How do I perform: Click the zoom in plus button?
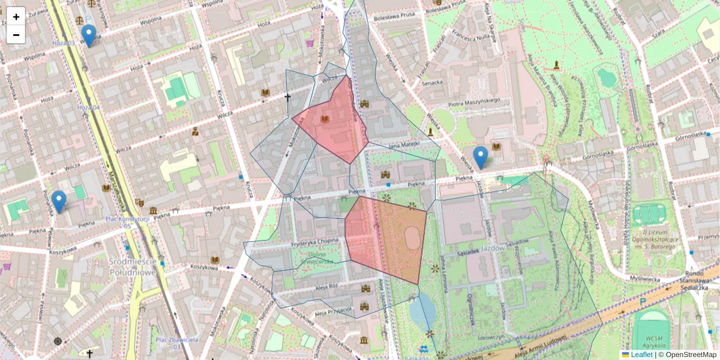coord(16,16)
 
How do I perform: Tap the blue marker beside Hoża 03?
coord(89,35)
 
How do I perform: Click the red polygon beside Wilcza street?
coord(332,123)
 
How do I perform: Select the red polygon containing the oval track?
coord(387,237)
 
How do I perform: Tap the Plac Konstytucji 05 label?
coord(127,222)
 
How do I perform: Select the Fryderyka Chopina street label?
coord(314,241)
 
